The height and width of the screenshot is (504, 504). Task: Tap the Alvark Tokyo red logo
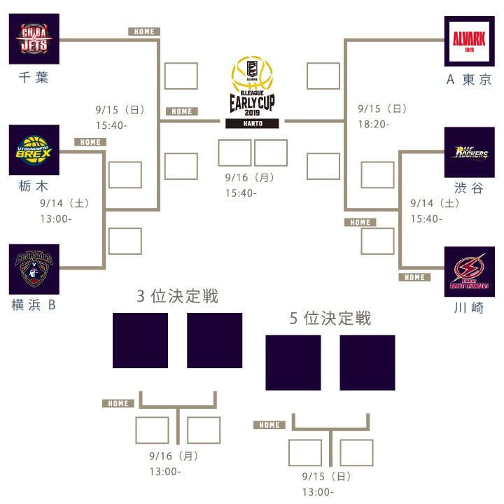pos(469,39)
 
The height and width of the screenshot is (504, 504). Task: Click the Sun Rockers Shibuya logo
pos(469,153)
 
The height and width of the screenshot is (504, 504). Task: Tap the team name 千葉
pos(34,78)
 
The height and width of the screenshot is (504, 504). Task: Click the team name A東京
pos(469,79)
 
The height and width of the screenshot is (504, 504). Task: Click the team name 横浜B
pos(34,305)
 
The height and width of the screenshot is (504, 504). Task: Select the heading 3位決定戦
pos(178,296)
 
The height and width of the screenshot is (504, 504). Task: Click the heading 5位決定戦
pos(330,318)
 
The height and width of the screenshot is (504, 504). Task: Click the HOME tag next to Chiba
pos(144,31)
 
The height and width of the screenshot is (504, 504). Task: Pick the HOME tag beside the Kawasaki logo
pos(414,277)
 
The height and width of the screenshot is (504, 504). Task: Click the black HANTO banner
pos(252,123)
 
